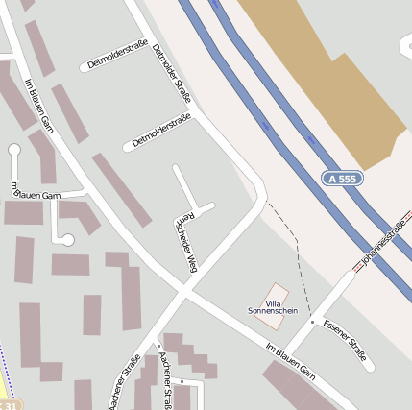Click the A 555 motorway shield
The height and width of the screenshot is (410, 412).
tap(343, 179)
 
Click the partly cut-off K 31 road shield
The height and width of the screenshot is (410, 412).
tap(8, 405)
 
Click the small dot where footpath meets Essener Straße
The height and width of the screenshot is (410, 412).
tap(311, 322)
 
